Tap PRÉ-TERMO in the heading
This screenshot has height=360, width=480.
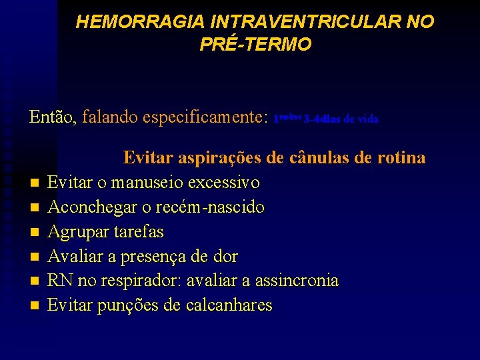pyautogui.click(x=255, y=45)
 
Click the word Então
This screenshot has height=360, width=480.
pyautogui.click(x=53, y=117)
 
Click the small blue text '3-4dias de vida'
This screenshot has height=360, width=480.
pyautogui.click(x=341, y=119)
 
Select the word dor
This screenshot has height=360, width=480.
pyautogui.click(x=225, y=257)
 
